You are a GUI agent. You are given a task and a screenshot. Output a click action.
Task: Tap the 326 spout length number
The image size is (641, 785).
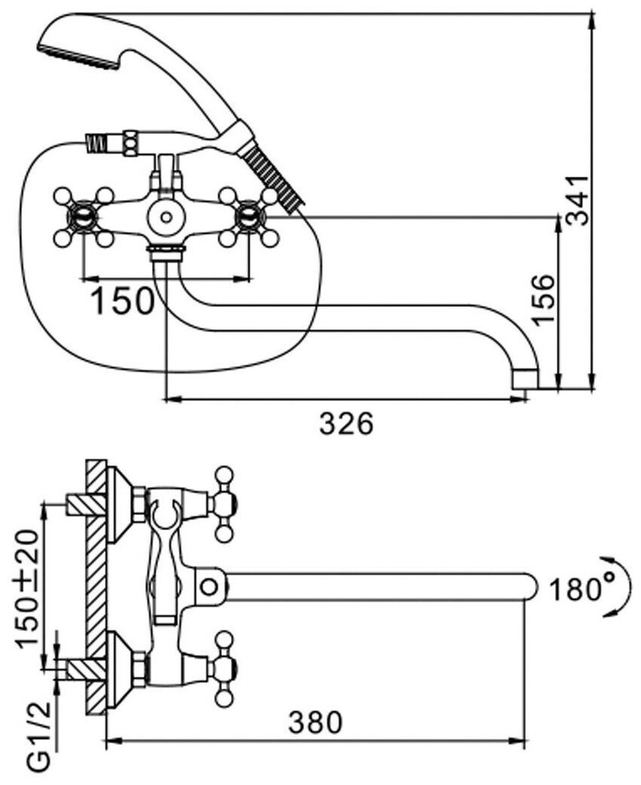[x=346, y=424]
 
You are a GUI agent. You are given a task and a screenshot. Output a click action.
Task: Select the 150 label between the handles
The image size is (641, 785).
[x=122, y=301]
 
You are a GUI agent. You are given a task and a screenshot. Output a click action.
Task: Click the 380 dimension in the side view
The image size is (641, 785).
[x=316, y=723]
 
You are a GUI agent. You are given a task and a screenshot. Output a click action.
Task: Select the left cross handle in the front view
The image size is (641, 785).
[x=83, y=217]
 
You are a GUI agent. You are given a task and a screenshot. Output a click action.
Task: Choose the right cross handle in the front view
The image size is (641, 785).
[x=248, y=217]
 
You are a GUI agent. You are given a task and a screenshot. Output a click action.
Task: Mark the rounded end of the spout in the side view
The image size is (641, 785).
[x=530, y=586]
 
